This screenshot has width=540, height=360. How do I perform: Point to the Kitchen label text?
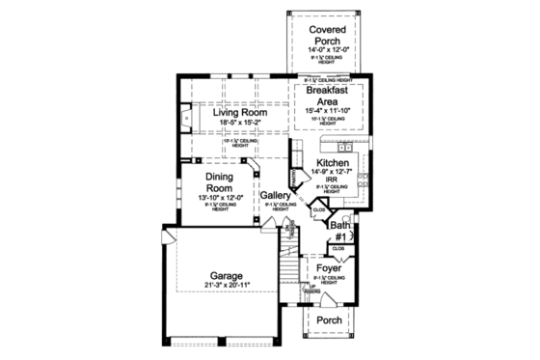pyautogui.click(x=333, y=164)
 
